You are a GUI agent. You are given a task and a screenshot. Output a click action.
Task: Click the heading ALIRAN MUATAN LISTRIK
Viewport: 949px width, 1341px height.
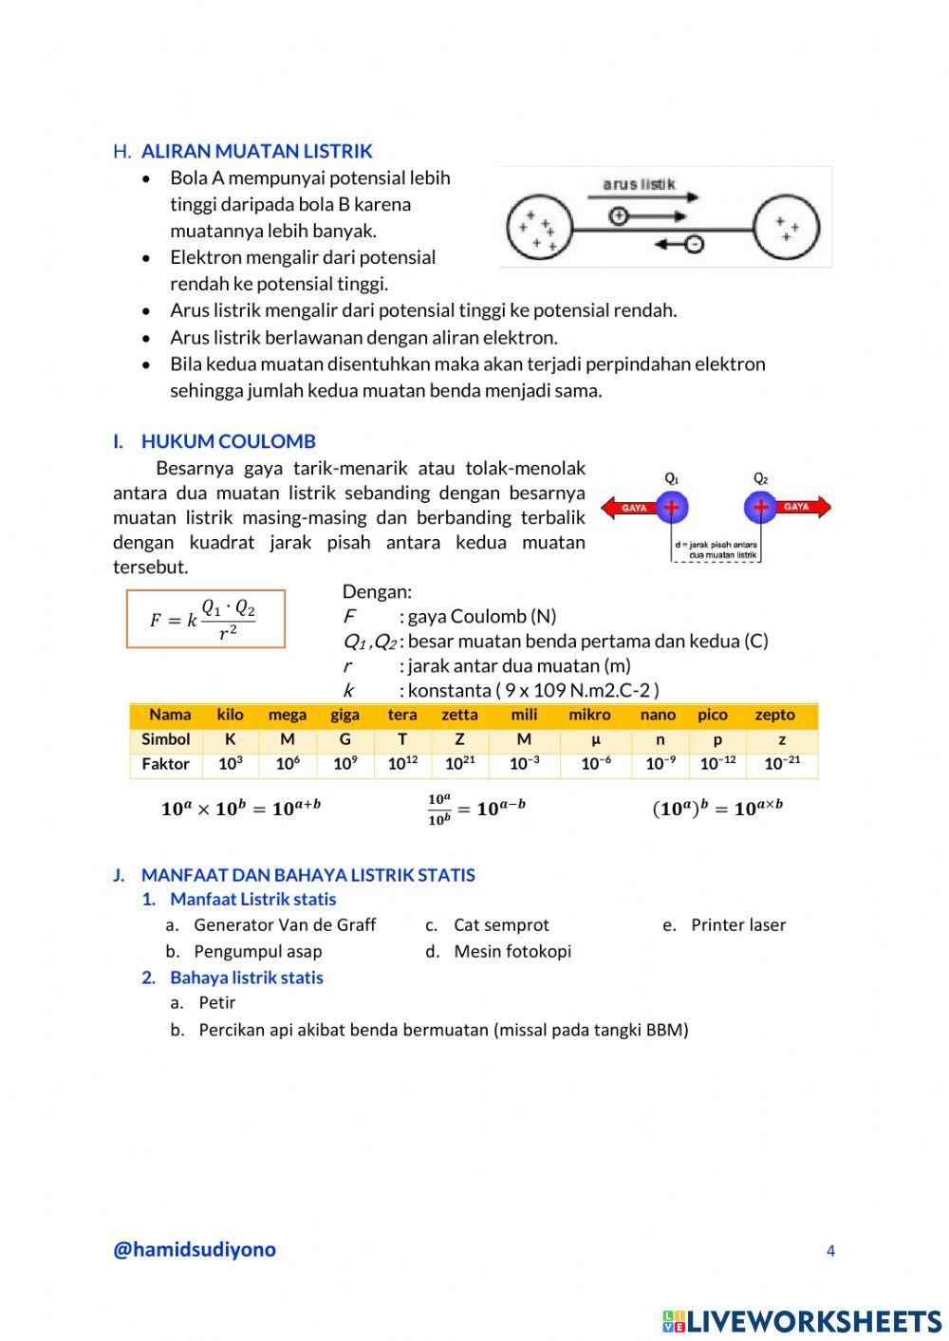[256, 151]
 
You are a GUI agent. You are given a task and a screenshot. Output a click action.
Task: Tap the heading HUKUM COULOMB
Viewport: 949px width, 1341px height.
[228, 441]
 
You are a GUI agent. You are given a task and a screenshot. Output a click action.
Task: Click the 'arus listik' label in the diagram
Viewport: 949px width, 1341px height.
[639, 184]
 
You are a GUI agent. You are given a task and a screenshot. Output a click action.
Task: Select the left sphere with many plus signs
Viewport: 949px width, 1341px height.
[538, 229]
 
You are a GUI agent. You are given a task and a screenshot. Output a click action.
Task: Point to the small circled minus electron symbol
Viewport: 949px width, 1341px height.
[694, 245]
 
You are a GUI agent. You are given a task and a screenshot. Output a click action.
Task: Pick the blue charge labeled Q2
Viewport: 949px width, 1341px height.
[760, 507]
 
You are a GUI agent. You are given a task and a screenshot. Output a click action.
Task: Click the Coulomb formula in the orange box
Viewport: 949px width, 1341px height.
[206, 619]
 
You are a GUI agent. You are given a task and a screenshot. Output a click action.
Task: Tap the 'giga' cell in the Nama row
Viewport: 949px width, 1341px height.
[344, 715]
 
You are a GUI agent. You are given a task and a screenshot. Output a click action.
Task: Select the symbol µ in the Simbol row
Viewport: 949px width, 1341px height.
[596, 739]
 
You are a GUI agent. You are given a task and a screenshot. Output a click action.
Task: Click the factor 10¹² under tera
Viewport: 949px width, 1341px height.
[402, 764]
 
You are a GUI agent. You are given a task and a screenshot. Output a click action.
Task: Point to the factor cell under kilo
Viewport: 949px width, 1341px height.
[231, 764]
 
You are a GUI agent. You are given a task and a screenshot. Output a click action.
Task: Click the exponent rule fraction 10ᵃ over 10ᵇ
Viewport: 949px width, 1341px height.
[439, 810]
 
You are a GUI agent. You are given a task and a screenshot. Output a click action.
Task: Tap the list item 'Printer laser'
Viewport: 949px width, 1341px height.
[737, 925]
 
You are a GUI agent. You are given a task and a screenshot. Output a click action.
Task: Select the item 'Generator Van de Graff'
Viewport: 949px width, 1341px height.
[285, 925]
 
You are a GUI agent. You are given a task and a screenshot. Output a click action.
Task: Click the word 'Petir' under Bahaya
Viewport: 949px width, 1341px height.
[217, 1003]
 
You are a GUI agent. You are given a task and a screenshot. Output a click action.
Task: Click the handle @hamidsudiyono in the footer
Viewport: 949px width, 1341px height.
[195, 1250]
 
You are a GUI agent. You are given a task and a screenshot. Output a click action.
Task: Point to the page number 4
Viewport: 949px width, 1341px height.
[830, 1251]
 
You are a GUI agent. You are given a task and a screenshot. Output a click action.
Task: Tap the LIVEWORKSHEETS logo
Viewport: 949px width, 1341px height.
[802, 1321]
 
